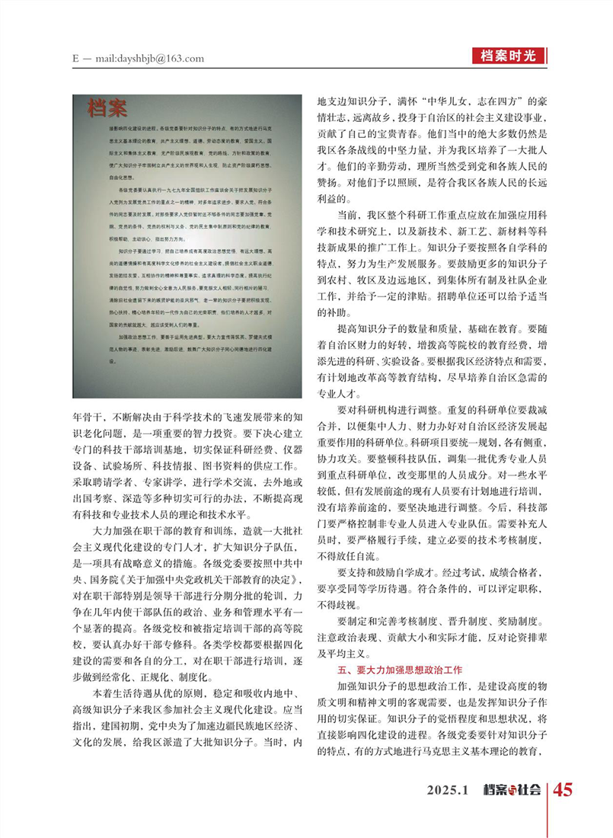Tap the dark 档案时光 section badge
click(509, 55)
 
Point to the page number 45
click(563, 789)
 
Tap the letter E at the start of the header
click(76, 59)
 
